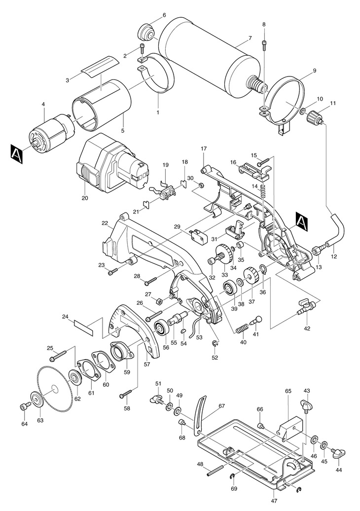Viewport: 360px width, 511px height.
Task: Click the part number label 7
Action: [250, 38]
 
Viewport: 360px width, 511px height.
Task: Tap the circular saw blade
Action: [54, 389]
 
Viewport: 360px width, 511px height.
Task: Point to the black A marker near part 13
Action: [302, 222]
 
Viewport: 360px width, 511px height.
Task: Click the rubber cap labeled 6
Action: [145, 32]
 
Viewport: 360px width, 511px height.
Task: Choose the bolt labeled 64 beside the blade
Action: [26, 406]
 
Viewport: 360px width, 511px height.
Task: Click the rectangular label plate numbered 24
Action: [84, 328]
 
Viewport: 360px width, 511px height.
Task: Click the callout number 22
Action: [105, 223]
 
